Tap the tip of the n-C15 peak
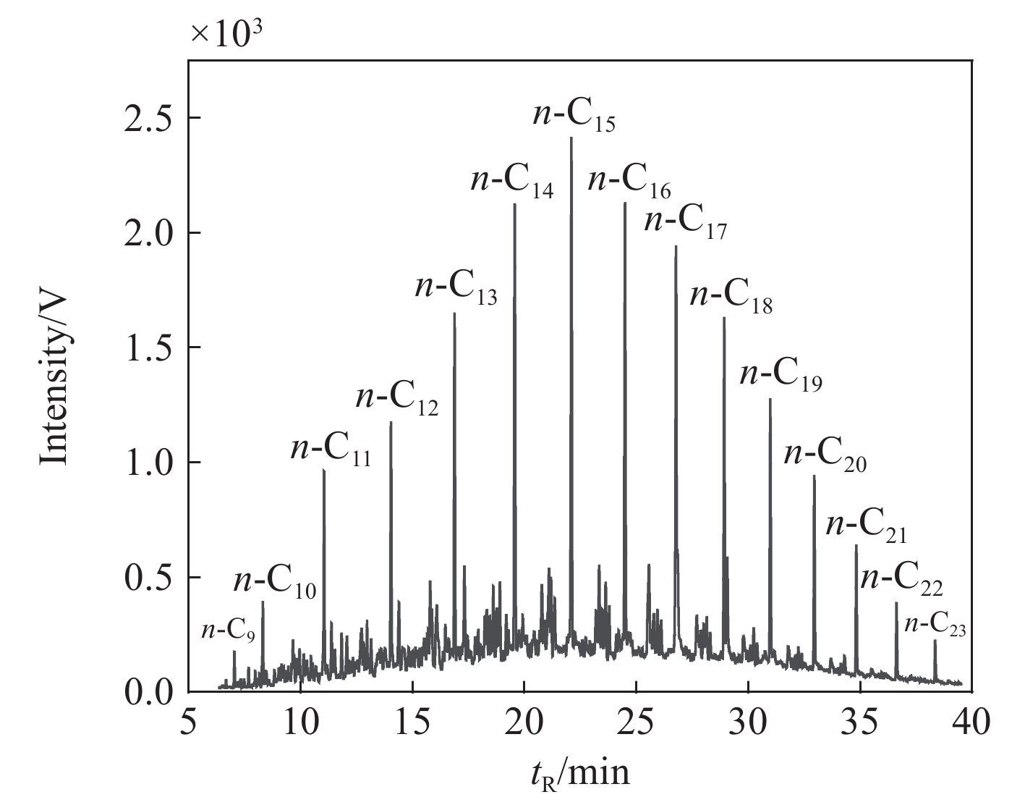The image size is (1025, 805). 571,137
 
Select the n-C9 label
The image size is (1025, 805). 228,631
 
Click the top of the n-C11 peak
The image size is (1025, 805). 323,470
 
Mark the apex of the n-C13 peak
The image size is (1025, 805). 454,313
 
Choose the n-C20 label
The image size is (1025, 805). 825,456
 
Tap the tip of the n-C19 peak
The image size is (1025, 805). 770,399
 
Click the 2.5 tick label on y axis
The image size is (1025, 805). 148,118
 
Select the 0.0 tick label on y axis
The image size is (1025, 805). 148,692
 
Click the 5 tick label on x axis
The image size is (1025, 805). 189,722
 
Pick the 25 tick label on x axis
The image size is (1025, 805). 636,722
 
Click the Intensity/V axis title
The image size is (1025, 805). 54,377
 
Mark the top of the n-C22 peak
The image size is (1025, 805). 896,602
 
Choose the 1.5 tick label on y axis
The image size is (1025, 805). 148,347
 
